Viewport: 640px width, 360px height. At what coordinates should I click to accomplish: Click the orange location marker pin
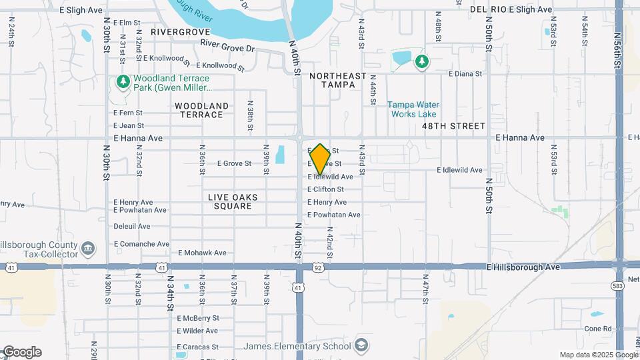coord(320,159)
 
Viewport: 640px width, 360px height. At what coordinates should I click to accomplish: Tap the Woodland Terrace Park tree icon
coord(122,82)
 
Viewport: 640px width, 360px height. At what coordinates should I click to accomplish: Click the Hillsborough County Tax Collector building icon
coord(88,250)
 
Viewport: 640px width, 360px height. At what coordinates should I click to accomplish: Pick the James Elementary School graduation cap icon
coord(361,346)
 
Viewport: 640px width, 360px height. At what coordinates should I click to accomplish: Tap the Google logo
coord(21,351)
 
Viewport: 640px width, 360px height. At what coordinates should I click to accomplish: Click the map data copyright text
coord(598,355)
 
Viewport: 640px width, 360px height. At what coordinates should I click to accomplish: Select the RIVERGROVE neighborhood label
coord(181,31)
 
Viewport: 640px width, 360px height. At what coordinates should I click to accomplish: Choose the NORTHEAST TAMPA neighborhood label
coord(339,80)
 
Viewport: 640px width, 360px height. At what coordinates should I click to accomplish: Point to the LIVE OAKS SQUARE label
coord(233,201)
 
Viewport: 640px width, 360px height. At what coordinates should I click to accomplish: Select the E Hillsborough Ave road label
coord(523,267)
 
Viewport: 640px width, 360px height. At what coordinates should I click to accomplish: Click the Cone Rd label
coord(597,329)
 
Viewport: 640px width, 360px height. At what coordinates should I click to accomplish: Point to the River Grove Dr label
coord(227,47)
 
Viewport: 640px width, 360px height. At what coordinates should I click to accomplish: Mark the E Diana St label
coord(465,74)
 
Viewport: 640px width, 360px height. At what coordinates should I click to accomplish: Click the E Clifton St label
coord(325,189)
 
